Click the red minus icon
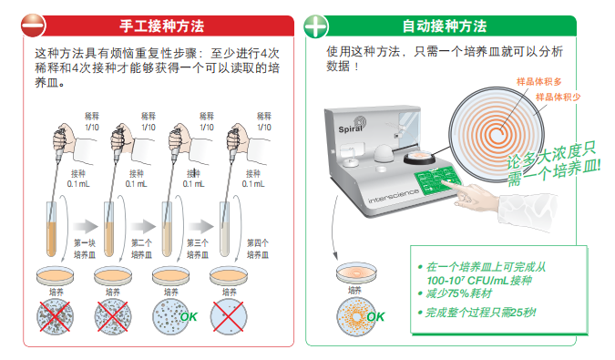(x=34, y=26)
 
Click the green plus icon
(x=316, y=26)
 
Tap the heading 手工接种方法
(x=161, y=26)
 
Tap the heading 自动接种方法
(x=445, y=26)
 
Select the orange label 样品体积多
(x=538, y=81)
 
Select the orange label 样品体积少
(x=559, y=97)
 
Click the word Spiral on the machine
(x=350, y=129)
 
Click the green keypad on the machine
(x=438, y=180)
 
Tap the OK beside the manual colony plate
(x=189, y=316)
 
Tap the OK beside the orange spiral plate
(x=375, y=316)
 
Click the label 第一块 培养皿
(x=85, y=249)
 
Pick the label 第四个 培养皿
(x=258, y=249)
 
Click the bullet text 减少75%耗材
(x=458, y=293)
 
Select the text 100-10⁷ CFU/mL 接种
(x=479, y=281)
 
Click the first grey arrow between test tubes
(x=85, y=226)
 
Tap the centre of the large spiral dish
(x=497, y=135)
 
